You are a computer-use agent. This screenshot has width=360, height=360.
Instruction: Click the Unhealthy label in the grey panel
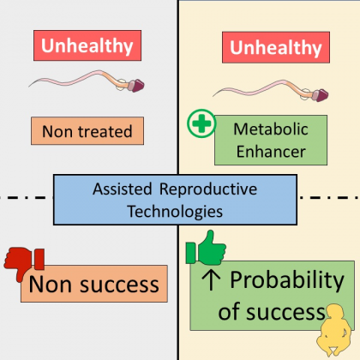87,45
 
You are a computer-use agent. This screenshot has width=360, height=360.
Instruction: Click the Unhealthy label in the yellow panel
276,47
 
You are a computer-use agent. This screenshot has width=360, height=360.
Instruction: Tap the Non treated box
87,131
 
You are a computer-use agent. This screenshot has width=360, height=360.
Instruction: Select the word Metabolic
271,129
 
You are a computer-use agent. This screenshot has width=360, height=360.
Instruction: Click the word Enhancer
271,152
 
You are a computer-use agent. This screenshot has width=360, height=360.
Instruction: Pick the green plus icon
201,123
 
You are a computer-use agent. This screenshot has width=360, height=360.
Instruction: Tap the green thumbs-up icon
206,248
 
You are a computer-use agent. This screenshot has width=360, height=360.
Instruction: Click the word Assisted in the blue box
123,189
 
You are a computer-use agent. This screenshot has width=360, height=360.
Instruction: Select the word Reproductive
208,189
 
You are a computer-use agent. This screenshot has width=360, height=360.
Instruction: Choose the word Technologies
175,212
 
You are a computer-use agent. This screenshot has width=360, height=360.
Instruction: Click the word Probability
287,280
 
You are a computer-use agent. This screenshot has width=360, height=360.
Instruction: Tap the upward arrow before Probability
211,280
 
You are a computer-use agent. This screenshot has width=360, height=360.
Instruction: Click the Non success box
94,284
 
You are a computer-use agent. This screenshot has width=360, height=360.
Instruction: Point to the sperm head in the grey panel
137,86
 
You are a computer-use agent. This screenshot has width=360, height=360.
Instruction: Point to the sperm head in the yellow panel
321,95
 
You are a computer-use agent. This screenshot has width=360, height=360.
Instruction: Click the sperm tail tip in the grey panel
29,87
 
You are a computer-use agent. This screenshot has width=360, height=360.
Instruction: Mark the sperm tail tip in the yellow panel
213,96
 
